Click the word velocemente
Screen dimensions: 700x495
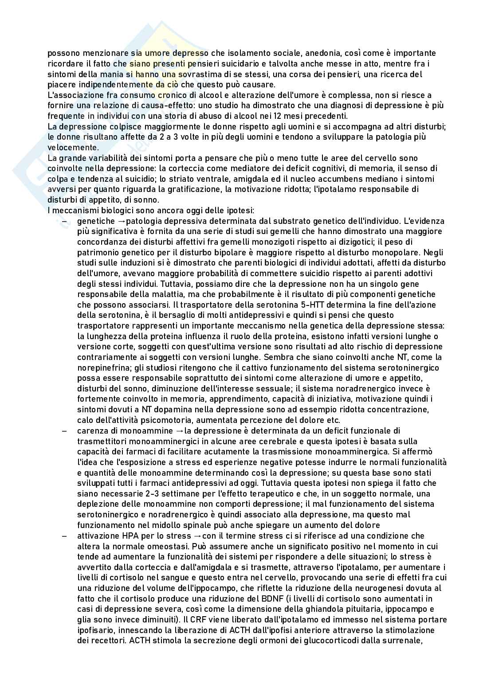pos(71,148)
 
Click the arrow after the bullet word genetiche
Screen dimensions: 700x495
pos(113,221)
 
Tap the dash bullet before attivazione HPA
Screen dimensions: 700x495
pos(65,536)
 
